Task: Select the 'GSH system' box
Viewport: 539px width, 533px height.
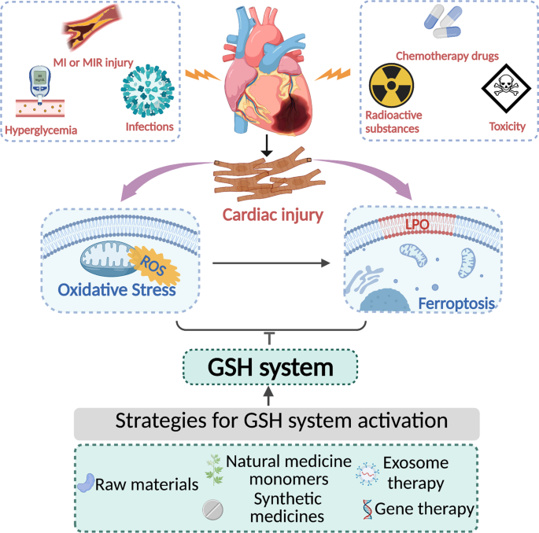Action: pyautogui.click(x=270, y=367)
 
